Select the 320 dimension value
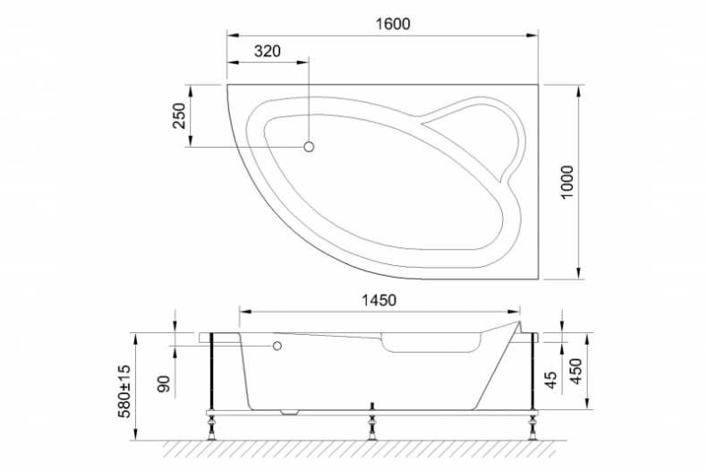pyautogui.click(x=267, y=52)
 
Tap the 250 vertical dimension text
pyautogui.click(x=178, y=116)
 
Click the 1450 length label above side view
pyautogui.click(x=379, y=300)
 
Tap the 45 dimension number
pyautogui.click(x=553, y=381)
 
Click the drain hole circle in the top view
pyautogui.click(x=310, y=147)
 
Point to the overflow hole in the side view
pyautogui.click(x=277, y=346)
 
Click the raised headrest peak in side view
pyautogui.click(x=517, y=320)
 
